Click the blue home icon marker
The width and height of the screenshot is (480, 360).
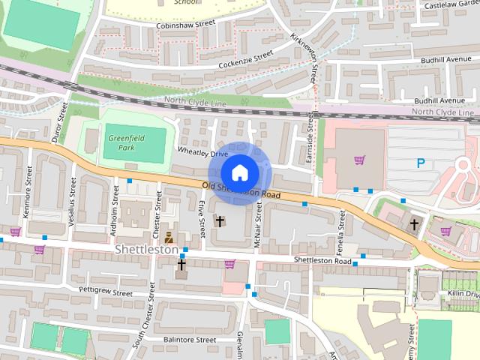239,172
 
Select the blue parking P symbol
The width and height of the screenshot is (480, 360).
421,163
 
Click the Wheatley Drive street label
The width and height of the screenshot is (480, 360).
202,153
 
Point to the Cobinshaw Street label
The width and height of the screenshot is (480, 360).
185,24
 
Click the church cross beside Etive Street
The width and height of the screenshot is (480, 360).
220,220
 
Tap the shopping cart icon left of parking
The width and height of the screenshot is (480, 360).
359,160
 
